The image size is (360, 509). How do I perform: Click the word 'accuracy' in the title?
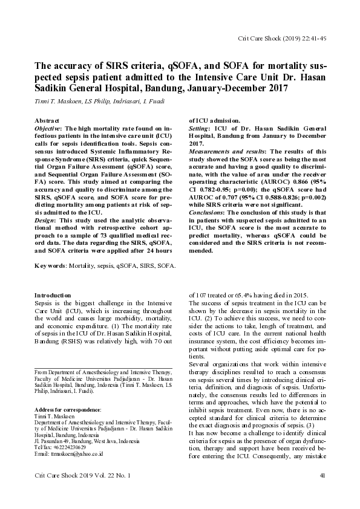(x=71, y=67)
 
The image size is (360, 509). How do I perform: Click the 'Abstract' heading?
(x=47, y=121)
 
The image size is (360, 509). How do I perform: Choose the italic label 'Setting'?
(x=200, y=129)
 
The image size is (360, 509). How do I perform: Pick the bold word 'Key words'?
(x=50, y=266)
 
